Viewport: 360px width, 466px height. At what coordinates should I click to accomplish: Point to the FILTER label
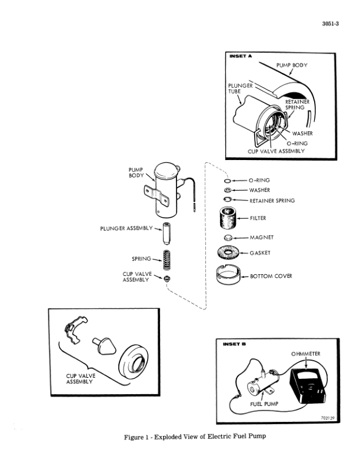point(258,218)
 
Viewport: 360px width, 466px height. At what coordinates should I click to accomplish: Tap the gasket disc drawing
point(228,254)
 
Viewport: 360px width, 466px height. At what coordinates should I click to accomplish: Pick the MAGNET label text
point(262,237)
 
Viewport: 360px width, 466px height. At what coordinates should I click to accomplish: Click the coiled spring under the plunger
point(167,258)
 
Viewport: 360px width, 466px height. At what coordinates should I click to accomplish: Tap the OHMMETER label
point(306,354)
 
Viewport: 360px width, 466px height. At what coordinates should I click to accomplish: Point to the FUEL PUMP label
point(264,405)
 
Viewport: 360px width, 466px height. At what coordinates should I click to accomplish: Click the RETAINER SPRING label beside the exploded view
point(272,201)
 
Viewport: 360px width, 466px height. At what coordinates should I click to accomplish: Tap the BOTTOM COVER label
point(271,275)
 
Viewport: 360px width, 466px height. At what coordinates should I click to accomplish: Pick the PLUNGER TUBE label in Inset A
point(240,88)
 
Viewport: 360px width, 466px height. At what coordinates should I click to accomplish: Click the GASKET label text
point(260,253)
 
